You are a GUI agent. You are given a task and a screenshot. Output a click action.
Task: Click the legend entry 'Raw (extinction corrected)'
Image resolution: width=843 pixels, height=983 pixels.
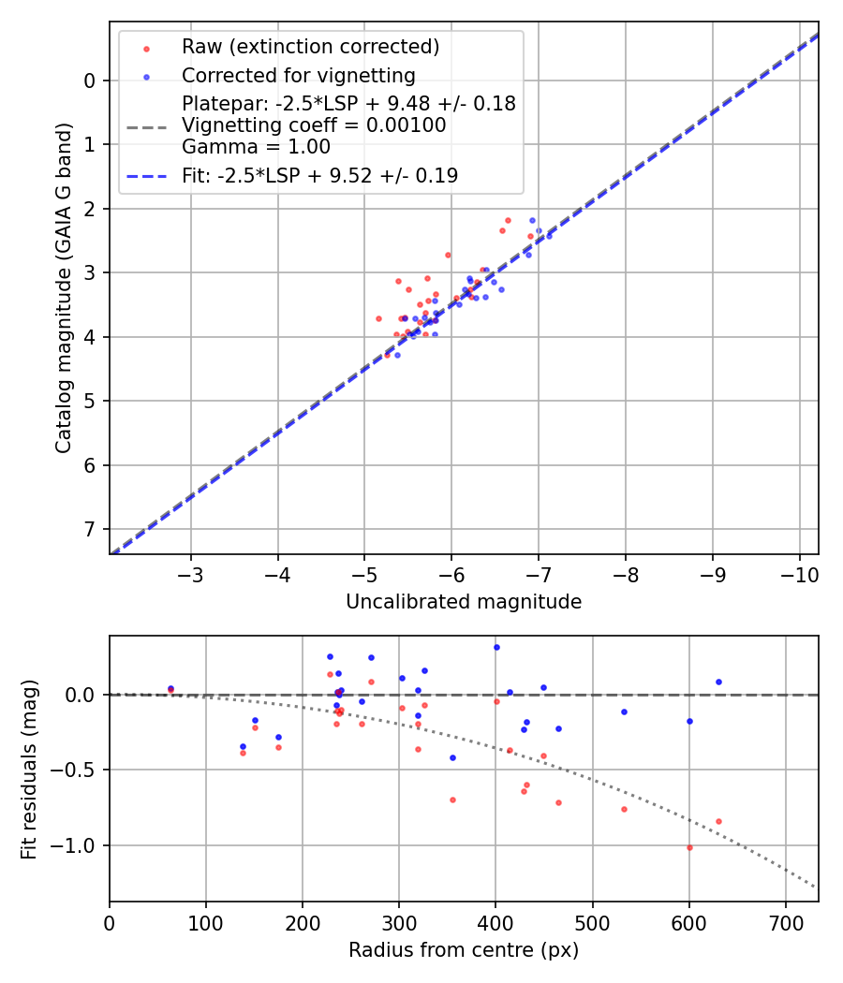[x=310, y=47]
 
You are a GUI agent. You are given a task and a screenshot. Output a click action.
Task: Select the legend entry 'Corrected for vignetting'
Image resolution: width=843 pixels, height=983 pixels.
[x=299, y=75]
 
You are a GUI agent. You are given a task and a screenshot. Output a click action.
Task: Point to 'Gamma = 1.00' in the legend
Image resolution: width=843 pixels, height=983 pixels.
[x=256, y=146]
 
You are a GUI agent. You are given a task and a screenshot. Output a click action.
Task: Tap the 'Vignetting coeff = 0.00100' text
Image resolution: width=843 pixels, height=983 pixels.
[x=314, y=125]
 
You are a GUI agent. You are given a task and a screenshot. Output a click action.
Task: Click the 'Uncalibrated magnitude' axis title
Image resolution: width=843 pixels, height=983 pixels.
[x=464, y=602]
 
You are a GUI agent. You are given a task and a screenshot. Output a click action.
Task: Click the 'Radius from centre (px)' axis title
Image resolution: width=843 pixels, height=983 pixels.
[x=464, y=950]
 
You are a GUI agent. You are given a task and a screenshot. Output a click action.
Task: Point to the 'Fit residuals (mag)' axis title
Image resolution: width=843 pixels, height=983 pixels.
[x=29, y=769]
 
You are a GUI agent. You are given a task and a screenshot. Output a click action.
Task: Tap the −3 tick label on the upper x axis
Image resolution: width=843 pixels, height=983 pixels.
[x=191, y=574]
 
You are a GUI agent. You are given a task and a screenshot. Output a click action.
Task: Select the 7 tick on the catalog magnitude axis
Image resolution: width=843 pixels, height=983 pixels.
[x=90, y=530]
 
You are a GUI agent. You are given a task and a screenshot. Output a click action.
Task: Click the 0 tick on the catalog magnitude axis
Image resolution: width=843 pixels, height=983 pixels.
[x=90, y=81]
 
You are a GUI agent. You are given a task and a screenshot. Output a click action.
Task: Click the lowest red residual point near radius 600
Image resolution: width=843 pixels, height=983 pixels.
[x=689, y=847]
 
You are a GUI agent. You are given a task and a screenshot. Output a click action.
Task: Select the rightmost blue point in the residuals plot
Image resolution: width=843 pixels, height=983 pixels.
[x=718, y=682]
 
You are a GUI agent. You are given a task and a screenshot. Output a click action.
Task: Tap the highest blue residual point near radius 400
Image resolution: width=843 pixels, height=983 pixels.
[x=496, y=647]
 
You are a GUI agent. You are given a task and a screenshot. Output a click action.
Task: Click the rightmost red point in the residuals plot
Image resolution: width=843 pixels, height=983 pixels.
[x=718, y=821]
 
